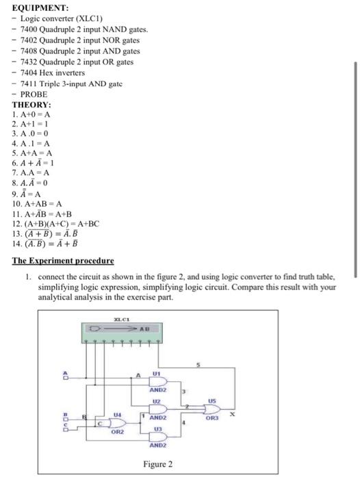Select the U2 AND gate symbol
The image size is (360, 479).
tap(159, 409)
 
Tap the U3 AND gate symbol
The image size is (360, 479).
tap(159, 436)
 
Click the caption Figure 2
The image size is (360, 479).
tap(157, 464)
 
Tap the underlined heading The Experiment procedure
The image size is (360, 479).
tap(64, 261)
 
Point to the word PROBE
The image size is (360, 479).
tap(34, 94)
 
